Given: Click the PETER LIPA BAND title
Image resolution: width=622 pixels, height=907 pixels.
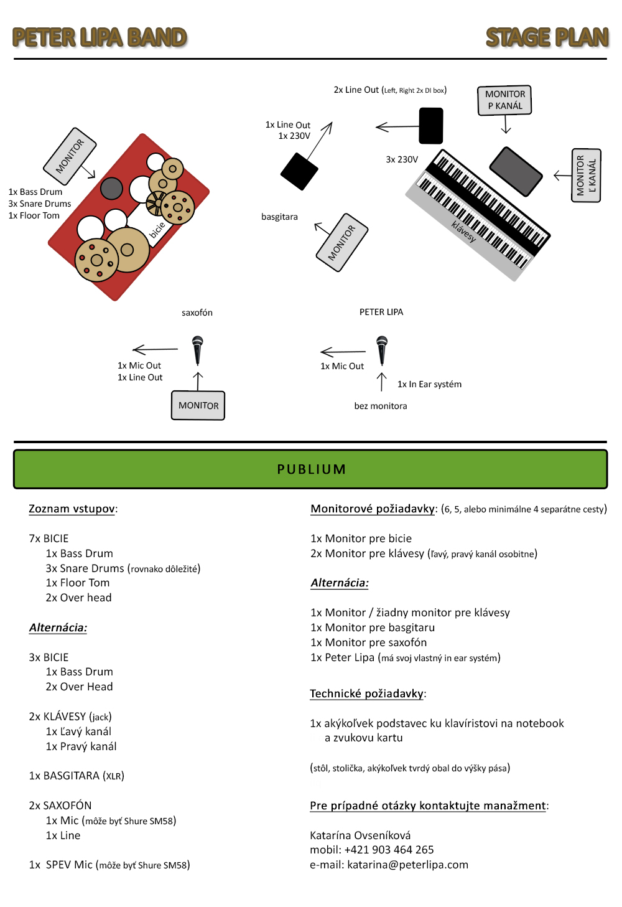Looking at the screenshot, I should [100, 37].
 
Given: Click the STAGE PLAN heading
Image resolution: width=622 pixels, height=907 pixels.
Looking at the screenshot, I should [547, 37].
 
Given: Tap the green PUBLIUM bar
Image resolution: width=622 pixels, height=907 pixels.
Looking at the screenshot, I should [310, 469].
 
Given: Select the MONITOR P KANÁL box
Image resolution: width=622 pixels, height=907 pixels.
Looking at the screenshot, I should [504, 100].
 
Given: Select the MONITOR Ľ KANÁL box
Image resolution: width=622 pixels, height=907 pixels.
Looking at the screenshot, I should [585, 176].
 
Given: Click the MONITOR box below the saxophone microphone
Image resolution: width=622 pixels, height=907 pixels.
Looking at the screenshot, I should [198, 405].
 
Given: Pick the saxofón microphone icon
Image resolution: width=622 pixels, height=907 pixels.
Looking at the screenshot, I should [197, 350].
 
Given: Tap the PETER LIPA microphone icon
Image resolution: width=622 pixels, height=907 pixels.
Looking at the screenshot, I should [382, 349].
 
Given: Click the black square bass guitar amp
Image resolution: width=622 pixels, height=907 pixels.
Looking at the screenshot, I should [299, 171].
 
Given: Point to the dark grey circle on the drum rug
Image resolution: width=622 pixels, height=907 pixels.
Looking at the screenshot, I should [111, 188].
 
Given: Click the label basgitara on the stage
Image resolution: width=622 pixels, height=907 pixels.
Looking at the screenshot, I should [279, 217].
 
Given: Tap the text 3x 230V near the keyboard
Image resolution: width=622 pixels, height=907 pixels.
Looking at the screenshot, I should [402, 159].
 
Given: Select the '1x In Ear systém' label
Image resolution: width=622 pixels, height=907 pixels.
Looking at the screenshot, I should [429, 384].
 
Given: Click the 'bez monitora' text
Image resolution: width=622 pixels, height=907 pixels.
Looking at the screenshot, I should [381, 406].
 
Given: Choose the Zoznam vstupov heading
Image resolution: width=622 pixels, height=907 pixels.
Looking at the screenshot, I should [72, 509].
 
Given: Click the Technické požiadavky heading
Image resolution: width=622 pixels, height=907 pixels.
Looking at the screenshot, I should [367, 693].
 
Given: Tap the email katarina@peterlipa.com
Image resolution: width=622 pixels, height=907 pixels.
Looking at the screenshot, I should [407, 865].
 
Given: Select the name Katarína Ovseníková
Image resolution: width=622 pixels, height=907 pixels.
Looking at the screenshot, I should [360, 835].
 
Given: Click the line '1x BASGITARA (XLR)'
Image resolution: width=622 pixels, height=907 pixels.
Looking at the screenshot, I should [77, 776].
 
